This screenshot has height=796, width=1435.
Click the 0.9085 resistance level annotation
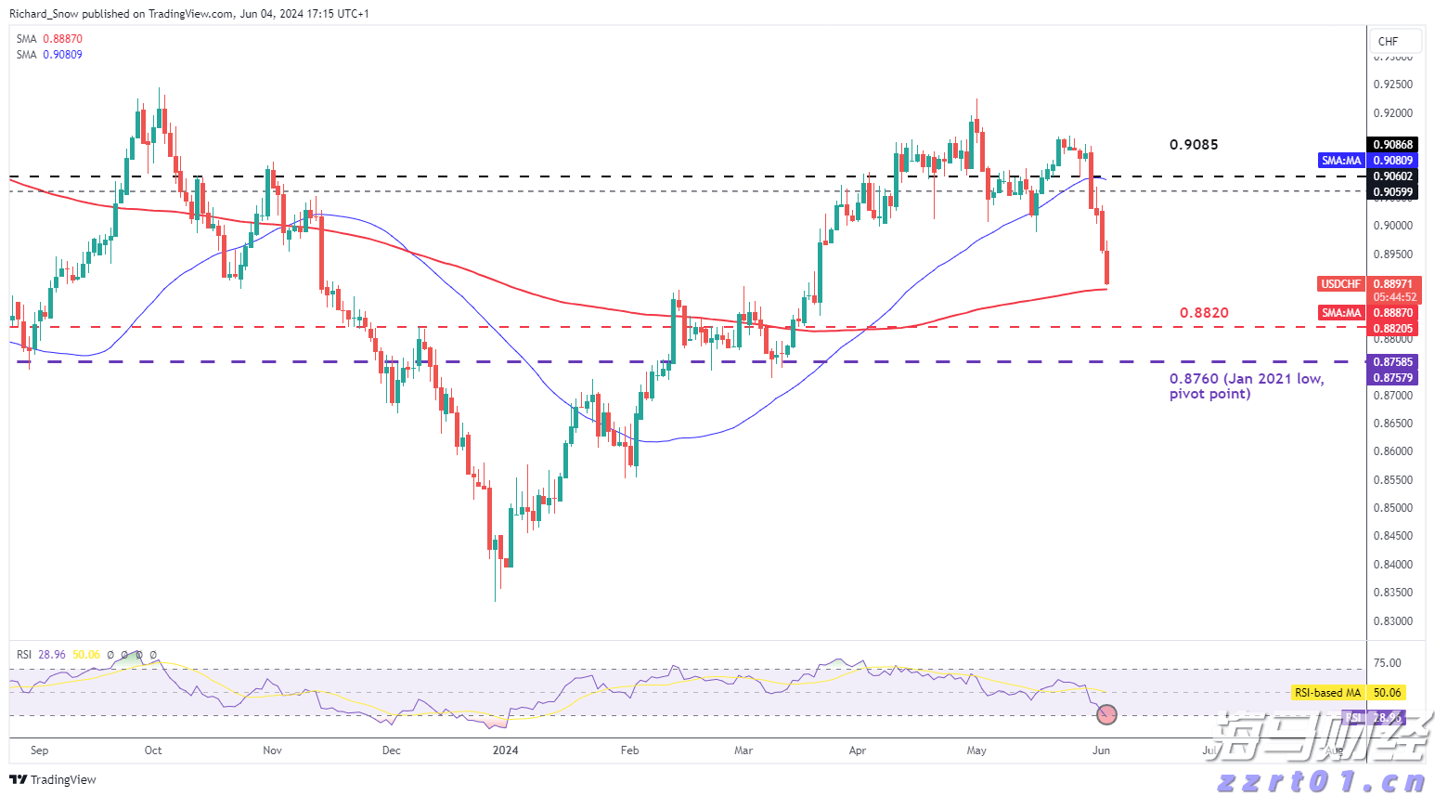1194,145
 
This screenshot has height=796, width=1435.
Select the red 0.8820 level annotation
1204,313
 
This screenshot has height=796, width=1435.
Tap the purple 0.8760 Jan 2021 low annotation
1246,386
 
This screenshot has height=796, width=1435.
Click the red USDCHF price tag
1340,284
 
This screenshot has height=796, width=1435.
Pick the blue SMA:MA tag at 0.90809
1341,161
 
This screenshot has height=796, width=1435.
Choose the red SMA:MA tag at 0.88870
1341,313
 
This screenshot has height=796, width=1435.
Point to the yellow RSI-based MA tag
1327,693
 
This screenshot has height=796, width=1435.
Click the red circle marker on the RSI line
1106,714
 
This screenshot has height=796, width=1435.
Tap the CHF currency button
1388,41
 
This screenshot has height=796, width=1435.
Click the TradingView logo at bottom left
53,779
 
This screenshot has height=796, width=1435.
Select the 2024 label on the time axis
505,750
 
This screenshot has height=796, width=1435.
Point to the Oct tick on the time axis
153,750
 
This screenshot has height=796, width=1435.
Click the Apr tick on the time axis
857,750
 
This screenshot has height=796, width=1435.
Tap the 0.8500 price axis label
1392,508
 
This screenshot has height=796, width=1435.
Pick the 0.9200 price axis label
1392,113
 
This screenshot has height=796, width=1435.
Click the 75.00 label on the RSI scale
1387,663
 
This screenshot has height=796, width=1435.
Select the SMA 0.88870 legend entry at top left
49,39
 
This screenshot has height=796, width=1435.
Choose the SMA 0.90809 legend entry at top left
49,55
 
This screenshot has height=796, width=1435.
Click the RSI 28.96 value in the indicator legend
52,655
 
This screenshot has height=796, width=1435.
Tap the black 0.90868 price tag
1392,144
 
